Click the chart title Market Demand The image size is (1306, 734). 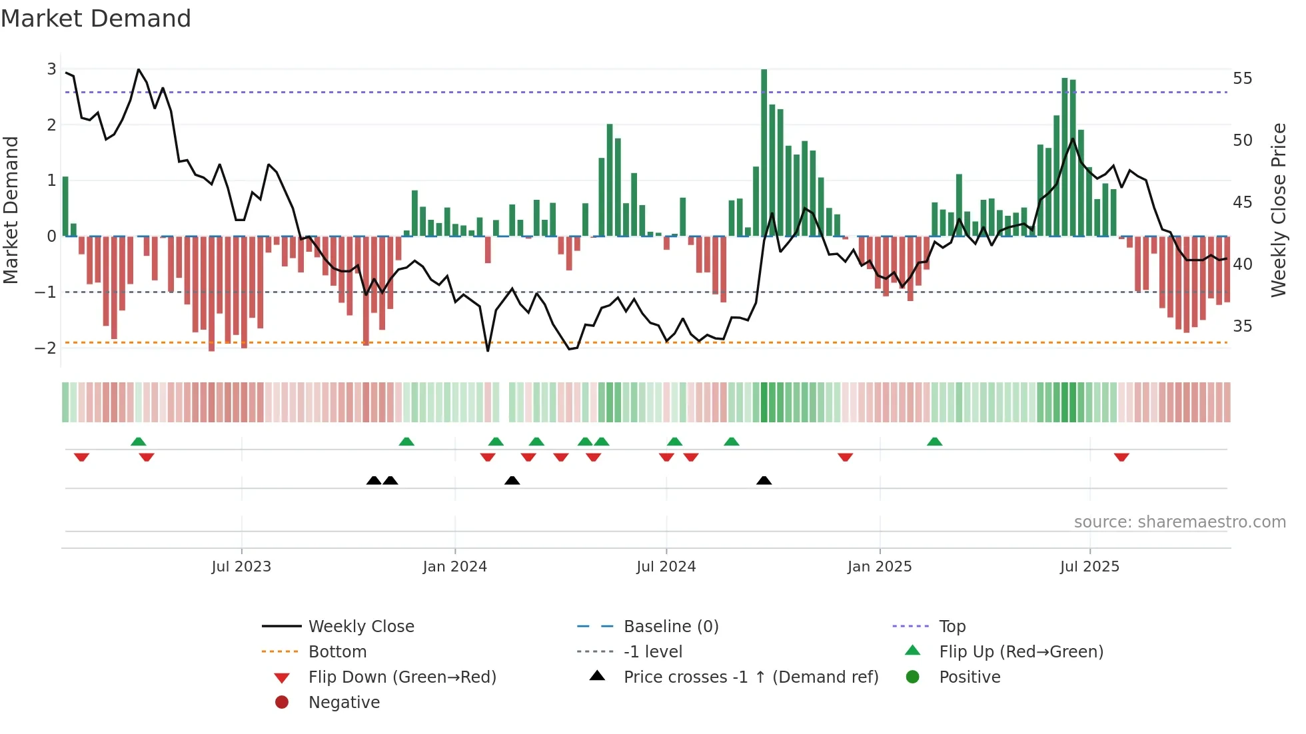click(x=96, y=19)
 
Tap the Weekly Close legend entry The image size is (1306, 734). click(x=360, y=627)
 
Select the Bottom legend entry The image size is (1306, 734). click(x=337, y=652)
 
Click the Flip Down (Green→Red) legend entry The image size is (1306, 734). click(x=402, y=677)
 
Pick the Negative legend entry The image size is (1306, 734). click(x=344, y=703)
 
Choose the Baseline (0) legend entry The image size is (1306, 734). click(x=670, y=627)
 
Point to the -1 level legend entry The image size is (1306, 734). click(x=652, y=652)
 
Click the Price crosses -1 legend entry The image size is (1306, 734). click(x=750, y=677)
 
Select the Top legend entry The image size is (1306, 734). click(x=952, y=627)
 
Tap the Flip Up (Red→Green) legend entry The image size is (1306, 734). click(x=1020, y=652)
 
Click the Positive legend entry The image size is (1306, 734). click(x=969, y=677)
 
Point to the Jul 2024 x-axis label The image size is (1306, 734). click(x=666, y=567)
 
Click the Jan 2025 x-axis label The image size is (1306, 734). click(x=879, y=567)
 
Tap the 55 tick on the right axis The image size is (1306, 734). click(x=1242, y=79)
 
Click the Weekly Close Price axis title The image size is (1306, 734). click(x=1278, y=210)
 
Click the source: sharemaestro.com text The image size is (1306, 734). click(x=1179, y=522)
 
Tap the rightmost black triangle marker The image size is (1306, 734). click(x=764, y=480)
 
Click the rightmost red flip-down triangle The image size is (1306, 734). click(x=1121, y=458)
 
